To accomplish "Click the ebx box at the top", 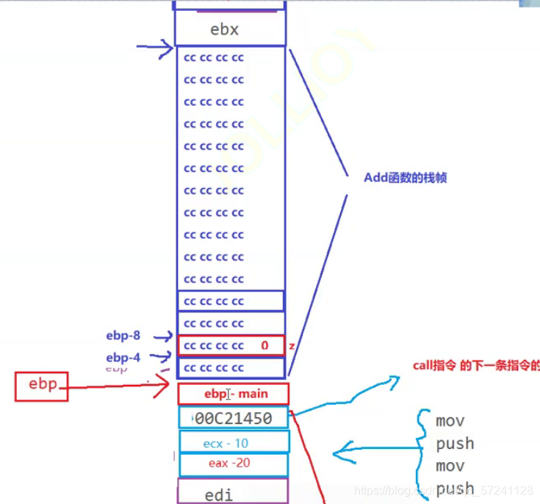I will coord(229,29).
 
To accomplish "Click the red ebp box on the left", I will coord(42,386).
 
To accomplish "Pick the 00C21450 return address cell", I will coord(234,418).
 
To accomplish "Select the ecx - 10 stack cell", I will coord(234,443).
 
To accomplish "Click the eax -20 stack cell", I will coord(234,464).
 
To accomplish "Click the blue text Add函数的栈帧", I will coord(406,178).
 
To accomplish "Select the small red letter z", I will coord(291,345).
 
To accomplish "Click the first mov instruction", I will coord(450,421).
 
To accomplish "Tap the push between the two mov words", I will coord(455,443).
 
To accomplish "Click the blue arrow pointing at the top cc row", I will coord(155,50).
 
